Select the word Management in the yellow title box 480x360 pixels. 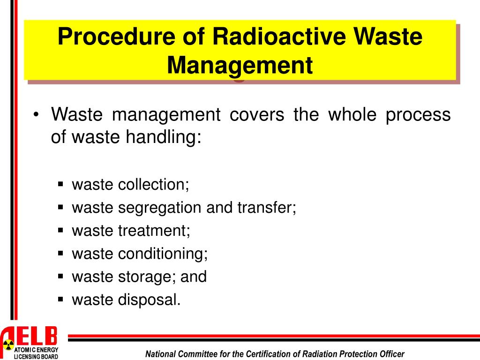240,65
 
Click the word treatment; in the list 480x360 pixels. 154,231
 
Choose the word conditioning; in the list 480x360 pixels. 163,254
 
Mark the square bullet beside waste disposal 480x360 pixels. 60,299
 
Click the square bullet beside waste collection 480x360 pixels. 60,184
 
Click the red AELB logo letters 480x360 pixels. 33,336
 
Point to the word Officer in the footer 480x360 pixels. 390,354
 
